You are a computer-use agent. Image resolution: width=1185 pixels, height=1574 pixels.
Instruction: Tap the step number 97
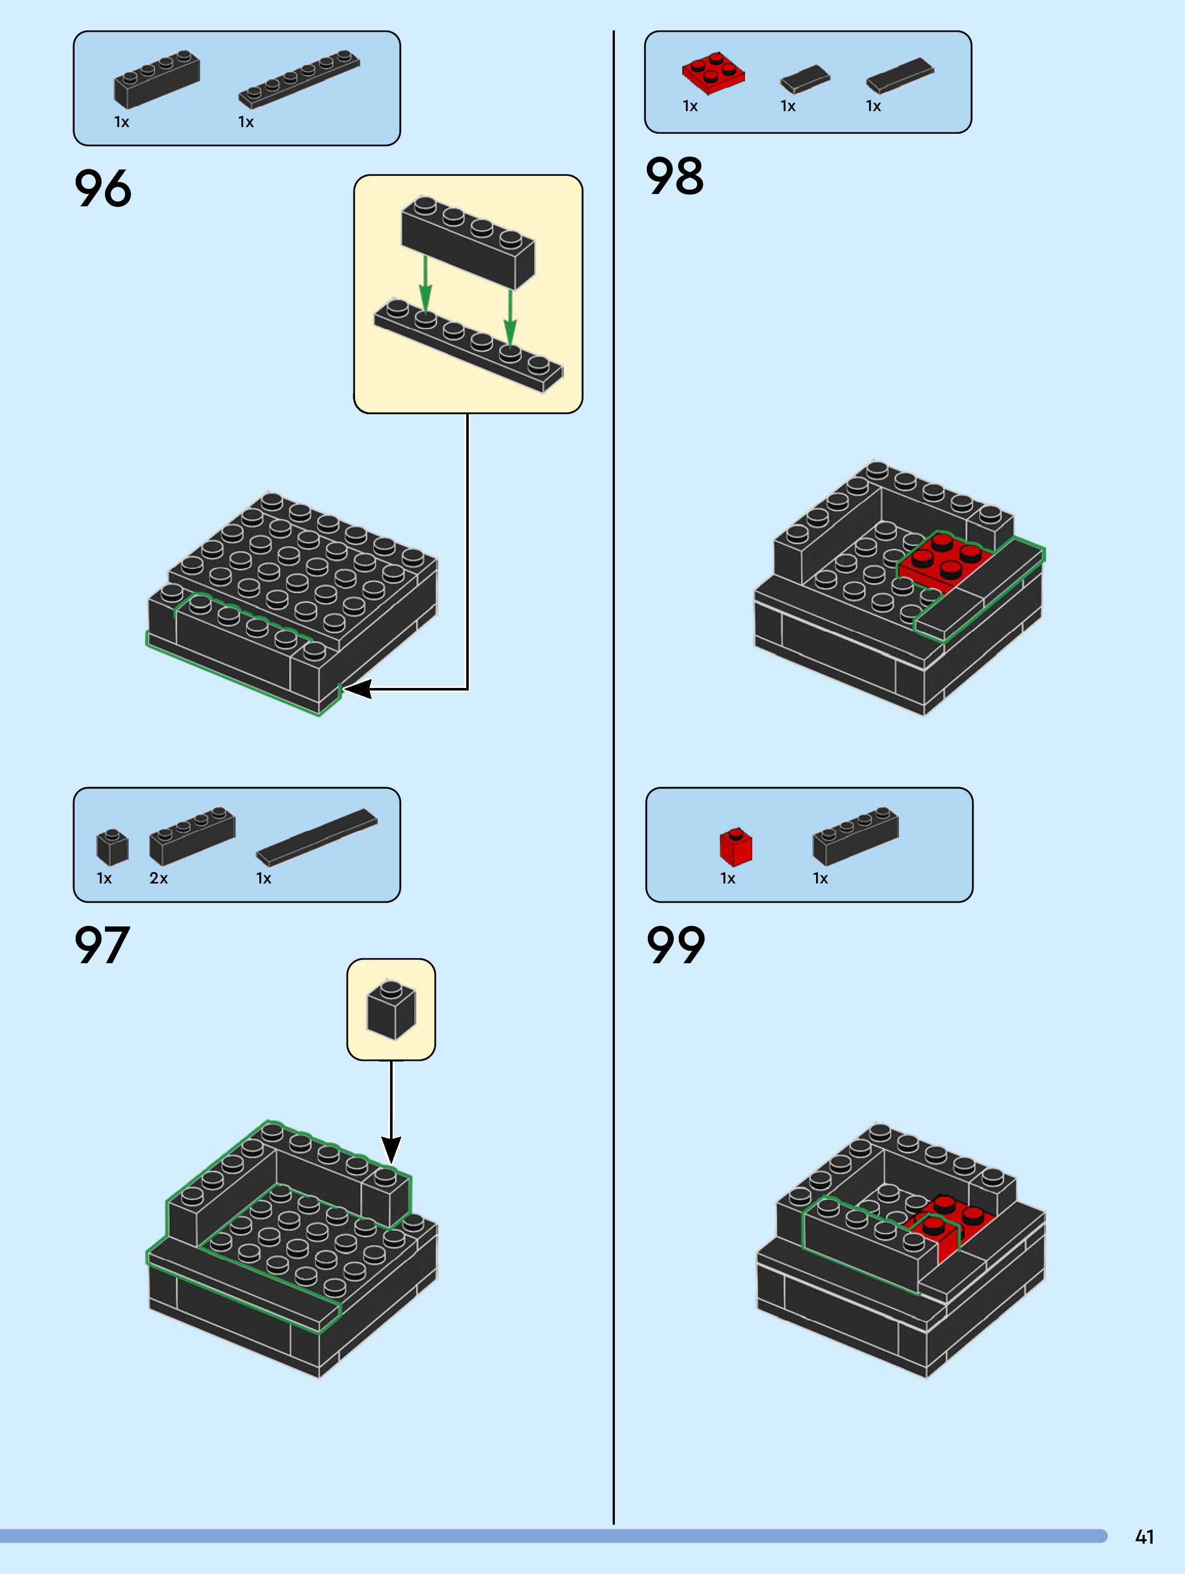102,945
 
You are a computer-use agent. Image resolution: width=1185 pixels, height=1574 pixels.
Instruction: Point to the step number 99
676,945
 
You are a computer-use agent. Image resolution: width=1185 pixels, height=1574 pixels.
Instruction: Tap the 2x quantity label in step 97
158,878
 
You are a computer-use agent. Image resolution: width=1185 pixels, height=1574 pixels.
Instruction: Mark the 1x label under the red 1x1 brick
728,878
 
